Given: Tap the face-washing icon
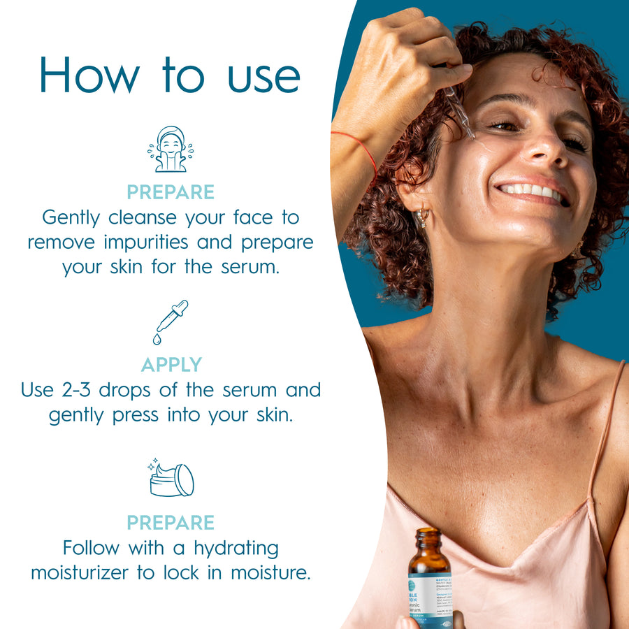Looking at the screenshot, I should point(170,149).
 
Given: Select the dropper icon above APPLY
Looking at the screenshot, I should point(170,321).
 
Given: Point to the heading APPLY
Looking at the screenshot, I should point(171,365).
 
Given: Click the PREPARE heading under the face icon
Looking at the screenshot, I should point(171,192).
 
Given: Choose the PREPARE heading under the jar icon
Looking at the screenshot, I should point(171,522).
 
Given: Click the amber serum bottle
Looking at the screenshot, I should point(428,580).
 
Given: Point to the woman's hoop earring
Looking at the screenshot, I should point(423,217).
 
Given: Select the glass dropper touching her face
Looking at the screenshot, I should point(462,115).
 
